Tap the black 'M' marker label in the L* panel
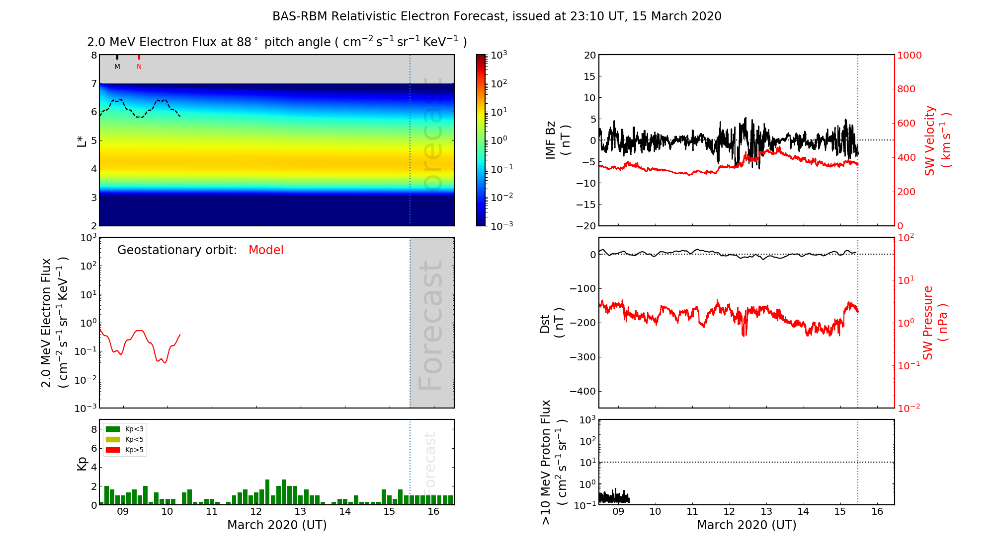click(x=117, y=67)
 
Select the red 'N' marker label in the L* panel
click(x=139, y=67)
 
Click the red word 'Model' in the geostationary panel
click(x=266, y=250)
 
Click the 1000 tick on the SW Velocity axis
click(x=909, y=55)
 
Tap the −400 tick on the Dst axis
click(x=582, y=391)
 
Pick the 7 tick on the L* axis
click(x=93, y=83)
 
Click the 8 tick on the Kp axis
click(x=93, y=429)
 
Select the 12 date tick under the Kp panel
click(x=255, y=512)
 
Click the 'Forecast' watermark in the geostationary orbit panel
click(x=430, y=325)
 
